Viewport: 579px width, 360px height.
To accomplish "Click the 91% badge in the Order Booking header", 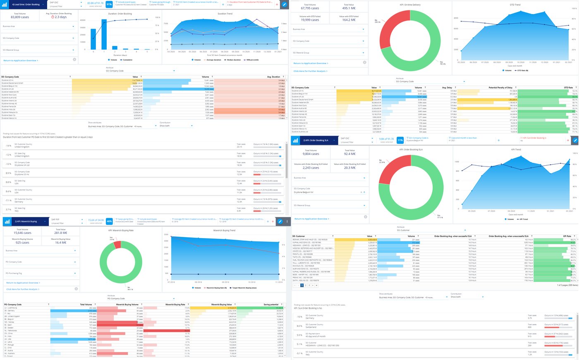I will point(109,5).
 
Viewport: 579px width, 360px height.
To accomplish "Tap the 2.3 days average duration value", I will point(60,17).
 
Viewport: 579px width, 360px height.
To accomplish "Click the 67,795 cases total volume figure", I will point(310,8).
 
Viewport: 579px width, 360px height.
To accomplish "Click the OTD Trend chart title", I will point(515,5).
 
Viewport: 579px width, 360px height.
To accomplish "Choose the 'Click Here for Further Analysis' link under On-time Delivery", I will point(310,71).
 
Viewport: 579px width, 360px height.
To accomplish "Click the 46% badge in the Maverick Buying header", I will point(109,222).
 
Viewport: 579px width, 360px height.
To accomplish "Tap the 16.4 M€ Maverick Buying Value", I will point(61,243).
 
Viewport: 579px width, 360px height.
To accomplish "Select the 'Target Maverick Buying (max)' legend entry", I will point(245,288).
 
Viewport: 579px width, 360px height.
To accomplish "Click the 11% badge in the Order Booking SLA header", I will point(400,141).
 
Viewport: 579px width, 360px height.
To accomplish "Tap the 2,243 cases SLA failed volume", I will point(311,168).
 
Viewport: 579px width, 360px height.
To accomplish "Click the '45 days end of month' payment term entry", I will point(316,336).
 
